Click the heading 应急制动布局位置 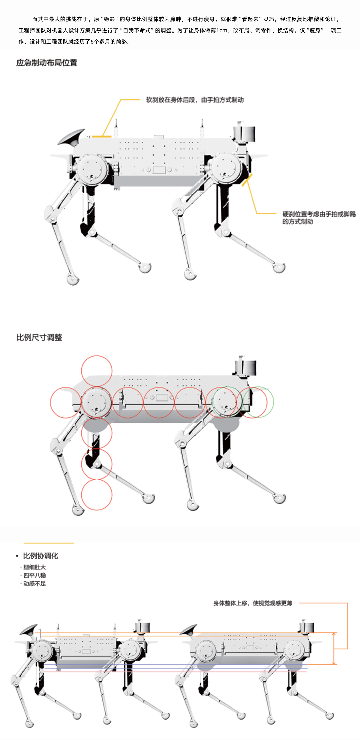point(46,63)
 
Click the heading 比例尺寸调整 point(39,337)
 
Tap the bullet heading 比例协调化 point(40,556)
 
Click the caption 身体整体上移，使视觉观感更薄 point(253,603)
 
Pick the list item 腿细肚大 point(34,567)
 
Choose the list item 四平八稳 point(34,575)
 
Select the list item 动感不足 point(34,583)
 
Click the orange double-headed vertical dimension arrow point(334,648)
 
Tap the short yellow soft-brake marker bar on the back point(102,136)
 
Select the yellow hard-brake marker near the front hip point(247,180)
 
